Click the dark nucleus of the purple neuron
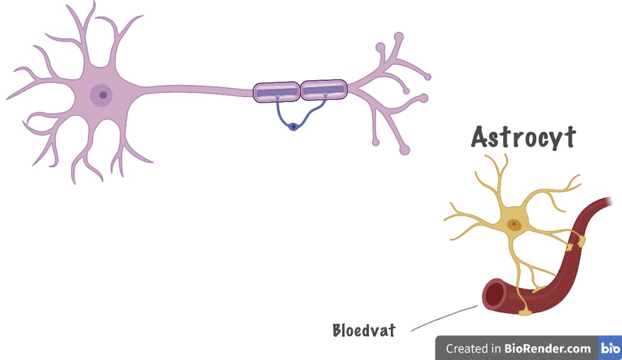(102, 95)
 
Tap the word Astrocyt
(523, 138)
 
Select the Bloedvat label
(364, 330)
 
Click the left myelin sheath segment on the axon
(276, 92)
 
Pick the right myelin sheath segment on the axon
(323, 90)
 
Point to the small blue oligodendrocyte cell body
(293, 127)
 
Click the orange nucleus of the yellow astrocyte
(514, 224)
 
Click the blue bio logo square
(609, 348)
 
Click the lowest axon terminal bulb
(405, 150)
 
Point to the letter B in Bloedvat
(338, 330)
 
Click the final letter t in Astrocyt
(569, 138)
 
